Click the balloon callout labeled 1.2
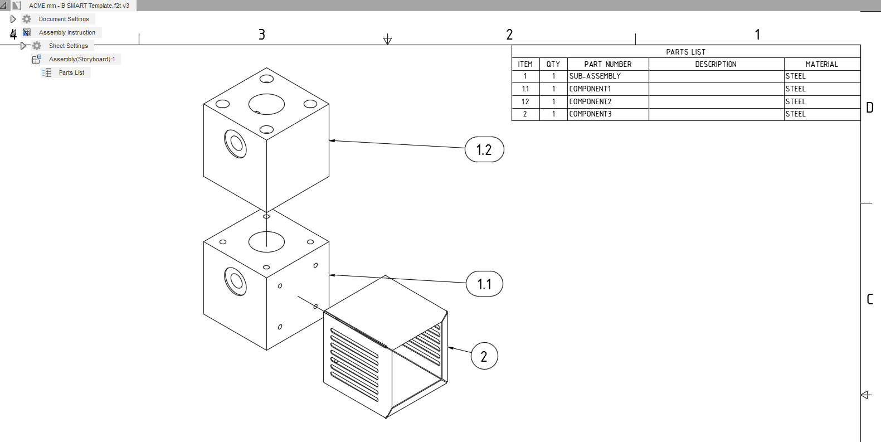tap(484, 150)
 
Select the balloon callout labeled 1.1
tap(484, 284)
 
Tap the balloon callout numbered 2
tap(484, 356)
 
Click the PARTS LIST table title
tap(685, 52)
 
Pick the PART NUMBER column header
tap(607, 64)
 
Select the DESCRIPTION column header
tap(715, 64)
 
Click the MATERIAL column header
tap(821, 64)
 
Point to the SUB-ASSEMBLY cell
tap(595, 76)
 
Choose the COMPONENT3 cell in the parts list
tap(591, 114)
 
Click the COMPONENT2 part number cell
tap(591, 102)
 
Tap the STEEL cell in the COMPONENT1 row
tap(796, 89)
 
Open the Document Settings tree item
tap(64, 19)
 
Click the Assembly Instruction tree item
tap(67, 32)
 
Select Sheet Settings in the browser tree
tap(68, 46)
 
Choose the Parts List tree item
tap(71, 72)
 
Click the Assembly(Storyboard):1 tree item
tap(82, 59)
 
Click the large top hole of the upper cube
tap(266, 104)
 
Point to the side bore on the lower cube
tap(235, 281)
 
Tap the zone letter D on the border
tap(870, 108)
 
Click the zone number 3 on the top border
tap(262, 35)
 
